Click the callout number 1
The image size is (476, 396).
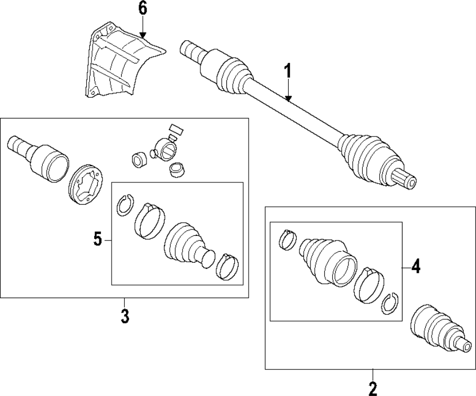288,71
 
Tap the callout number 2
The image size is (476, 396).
373,389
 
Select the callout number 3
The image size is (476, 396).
124,316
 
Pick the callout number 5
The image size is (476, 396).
98,240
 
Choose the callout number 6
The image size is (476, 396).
143,9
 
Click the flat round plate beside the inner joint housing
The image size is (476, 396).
85,183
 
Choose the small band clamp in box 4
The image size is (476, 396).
287,240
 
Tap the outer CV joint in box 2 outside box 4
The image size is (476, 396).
436,328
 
